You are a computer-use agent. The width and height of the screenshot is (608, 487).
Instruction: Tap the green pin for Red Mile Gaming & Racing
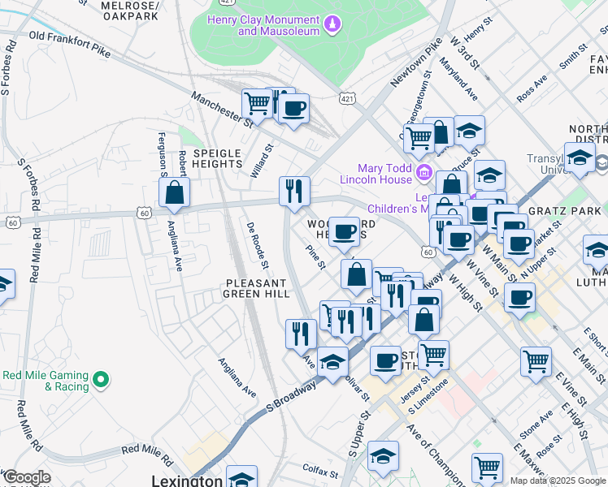[100, 379]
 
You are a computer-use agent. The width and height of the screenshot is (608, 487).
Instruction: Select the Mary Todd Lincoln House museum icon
[423, 172]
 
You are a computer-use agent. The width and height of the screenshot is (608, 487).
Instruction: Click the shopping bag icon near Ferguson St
[175, 192]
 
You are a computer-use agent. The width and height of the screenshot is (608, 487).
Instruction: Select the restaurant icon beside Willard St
[294, 191]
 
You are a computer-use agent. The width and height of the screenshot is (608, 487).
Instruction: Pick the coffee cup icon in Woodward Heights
[345, 231]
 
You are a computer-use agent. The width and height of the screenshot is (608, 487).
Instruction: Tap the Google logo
[26, 476]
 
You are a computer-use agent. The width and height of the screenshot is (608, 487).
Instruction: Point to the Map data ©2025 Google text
[558, 481]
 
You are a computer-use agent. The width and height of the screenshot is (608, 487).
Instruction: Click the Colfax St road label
[319, 471]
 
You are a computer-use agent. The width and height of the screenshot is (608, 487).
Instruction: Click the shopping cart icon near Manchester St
[257, 104]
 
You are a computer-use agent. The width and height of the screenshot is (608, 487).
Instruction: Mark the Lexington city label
[187, 481]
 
